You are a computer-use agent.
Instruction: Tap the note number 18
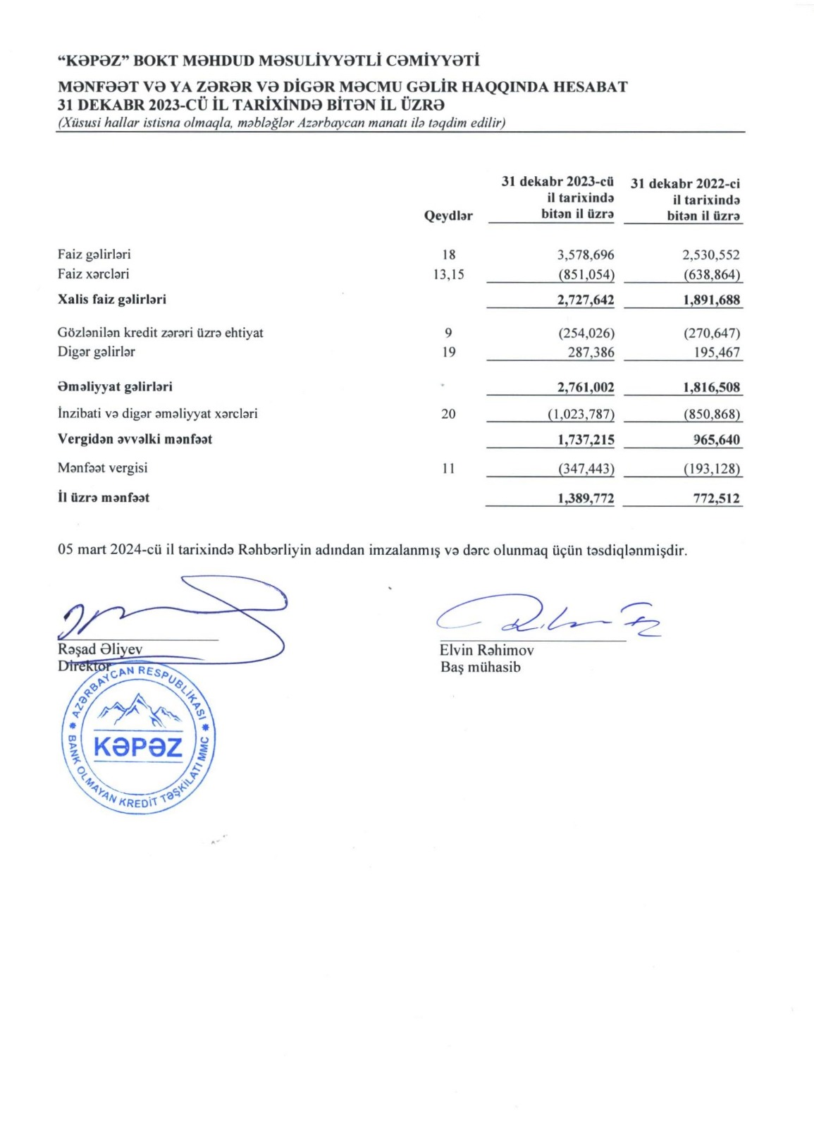(x=448, y=255)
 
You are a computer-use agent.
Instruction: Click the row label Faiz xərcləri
(x=93, y=274)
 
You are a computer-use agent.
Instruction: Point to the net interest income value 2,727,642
(x=585, y=300)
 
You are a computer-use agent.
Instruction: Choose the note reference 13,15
(x=448, y=274)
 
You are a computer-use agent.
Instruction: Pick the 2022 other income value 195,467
(x=717, y=352)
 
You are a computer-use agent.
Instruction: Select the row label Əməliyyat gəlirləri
(x=115, y=386)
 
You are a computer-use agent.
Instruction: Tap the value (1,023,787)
(x=581, y=414)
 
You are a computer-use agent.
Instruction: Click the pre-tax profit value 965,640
(x=716, y=440)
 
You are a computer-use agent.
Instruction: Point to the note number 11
(x=448, y=468)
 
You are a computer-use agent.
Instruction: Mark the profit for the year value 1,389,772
(x=585, y=498)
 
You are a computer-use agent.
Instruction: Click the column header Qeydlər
(x=448, y=216)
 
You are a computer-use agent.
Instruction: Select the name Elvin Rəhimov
(x=486, y=650)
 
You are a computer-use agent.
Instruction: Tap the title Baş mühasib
(x=481, y=667)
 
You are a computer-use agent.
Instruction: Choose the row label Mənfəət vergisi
(x=102, y=468)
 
